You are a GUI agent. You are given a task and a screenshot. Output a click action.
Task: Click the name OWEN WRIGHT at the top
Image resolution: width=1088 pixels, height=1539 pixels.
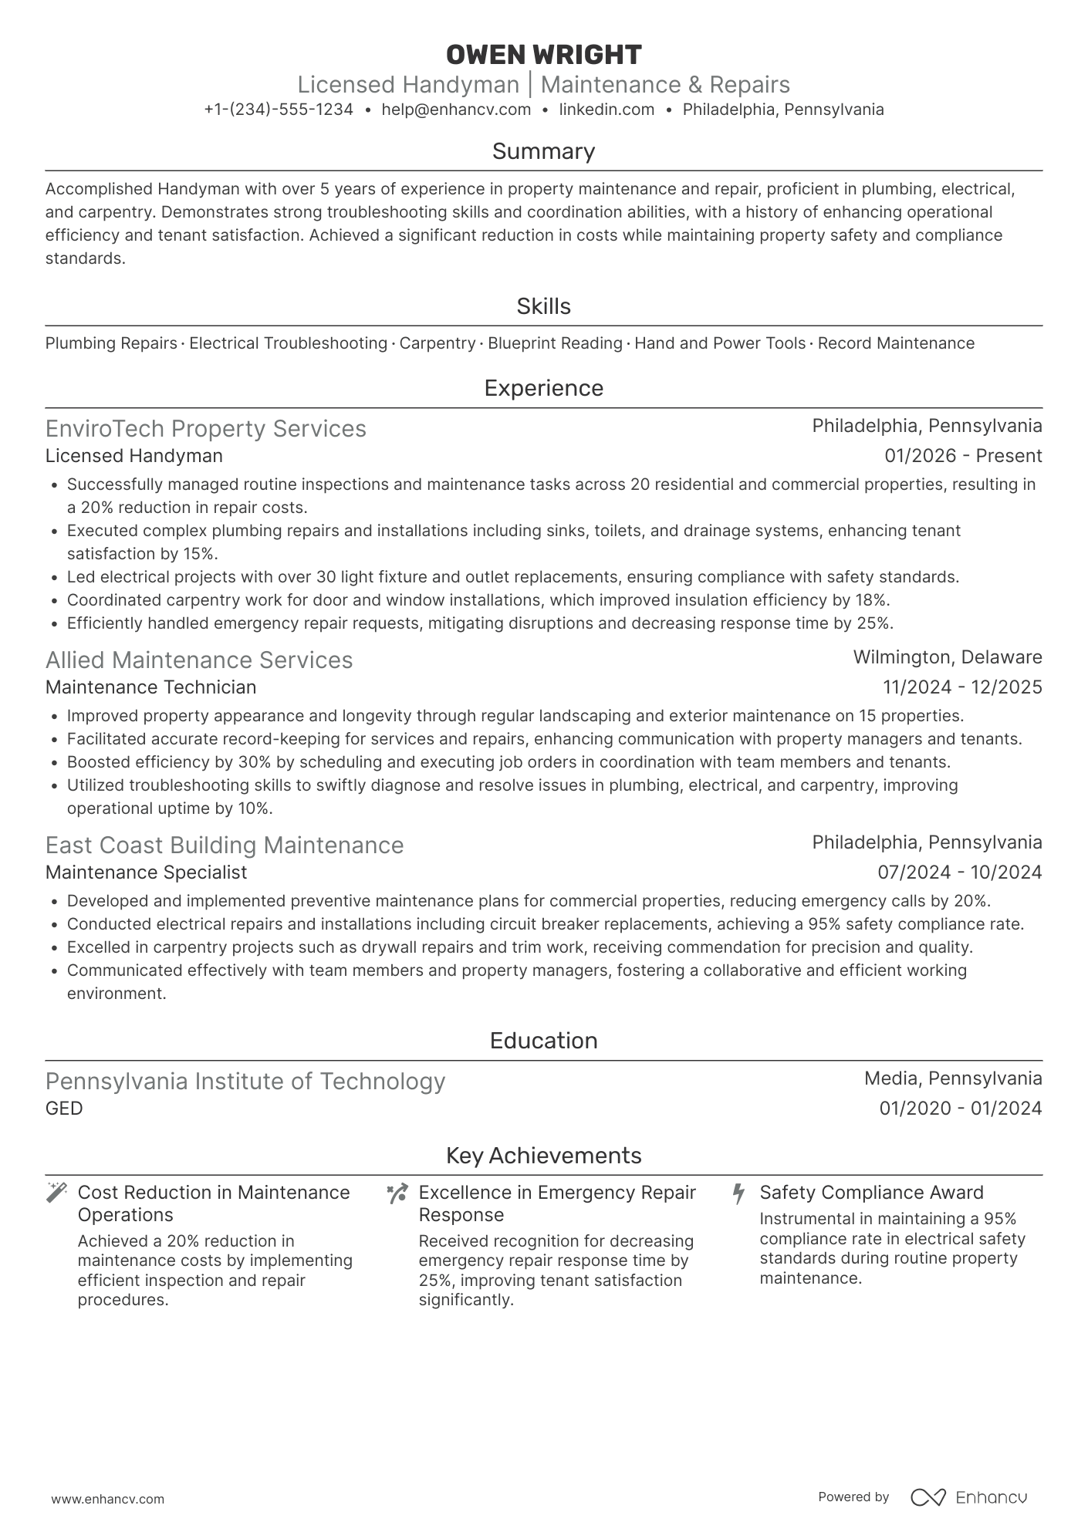tap(543, 55)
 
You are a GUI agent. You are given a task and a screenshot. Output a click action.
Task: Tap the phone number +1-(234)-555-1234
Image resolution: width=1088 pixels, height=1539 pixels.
tap(279, 110)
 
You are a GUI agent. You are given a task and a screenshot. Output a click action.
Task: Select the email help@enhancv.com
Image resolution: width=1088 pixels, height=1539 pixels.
tap(456, 110)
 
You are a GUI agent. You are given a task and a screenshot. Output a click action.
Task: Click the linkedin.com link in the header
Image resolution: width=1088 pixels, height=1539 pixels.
tap(607, 110)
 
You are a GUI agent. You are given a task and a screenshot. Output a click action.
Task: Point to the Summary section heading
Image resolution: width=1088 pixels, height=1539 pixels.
tap(543, 151)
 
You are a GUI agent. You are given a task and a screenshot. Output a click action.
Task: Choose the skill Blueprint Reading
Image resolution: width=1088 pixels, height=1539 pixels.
tap(555, 343)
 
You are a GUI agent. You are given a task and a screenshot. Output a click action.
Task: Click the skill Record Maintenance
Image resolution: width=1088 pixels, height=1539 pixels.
tap(896, 343)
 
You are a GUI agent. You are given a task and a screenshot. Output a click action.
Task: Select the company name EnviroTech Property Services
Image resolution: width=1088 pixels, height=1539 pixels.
tap(206, 428)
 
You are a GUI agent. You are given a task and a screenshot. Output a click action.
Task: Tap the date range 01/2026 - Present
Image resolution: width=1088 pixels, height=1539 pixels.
tap(963, 456)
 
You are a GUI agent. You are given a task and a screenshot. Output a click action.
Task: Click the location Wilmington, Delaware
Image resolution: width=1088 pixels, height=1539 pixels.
tap(947, 657)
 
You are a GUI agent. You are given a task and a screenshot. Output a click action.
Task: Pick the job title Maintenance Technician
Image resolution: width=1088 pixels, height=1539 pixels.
tap(151, 687)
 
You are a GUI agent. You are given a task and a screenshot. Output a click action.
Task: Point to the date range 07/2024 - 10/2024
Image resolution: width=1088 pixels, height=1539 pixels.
tap(959, 872)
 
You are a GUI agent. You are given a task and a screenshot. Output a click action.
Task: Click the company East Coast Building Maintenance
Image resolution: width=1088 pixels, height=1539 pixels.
tap(225, 845)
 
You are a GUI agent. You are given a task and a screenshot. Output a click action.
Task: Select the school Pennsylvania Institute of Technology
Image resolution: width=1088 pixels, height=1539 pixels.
tap(245, 1081)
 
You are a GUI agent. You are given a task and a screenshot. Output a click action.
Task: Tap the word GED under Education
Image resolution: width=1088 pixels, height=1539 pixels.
tap(64, 1109)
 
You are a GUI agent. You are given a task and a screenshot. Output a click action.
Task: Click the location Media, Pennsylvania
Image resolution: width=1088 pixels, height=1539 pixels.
tap(952, 1078)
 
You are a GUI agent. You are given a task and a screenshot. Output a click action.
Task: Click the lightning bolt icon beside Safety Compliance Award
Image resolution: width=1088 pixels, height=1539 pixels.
tap(738, 1193)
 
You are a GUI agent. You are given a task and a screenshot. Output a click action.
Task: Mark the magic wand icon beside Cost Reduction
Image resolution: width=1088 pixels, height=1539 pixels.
tap(57, 1193)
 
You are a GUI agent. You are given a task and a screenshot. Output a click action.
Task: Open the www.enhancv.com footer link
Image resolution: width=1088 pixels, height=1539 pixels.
tap(108, 1500)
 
